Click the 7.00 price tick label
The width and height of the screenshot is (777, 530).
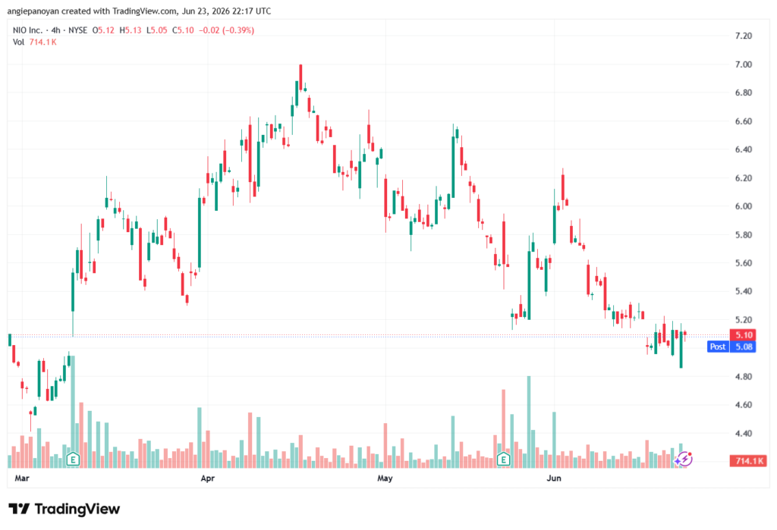click(744, 64)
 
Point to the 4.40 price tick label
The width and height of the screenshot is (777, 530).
click(744, 434)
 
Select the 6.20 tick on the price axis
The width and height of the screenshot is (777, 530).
click(744, 178)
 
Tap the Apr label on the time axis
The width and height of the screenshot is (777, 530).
click(208, 478)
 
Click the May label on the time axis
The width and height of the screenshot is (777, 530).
click(385, 478)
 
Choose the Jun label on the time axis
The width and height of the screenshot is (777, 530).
click(553, 478)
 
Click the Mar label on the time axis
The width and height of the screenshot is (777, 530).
click(22, 478)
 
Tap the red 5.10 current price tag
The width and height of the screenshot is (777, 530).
click(743, 335)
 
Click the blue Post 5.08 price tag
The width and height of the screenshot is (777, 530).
click(731, 347)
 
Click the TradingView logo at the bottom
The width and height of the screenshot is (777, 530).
click(64, 509)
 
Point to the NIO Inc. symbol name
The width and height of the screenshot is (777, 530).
click(28, 30)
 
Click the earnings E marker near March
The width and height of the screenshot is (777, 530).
click(73, 459)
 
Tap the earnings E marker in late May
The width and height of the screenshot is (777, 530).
click(504, 459)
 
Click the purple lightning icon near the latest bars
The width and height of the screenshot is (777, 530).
click(684, 459)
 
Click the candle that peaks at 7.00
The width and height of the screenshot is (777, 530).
click(300, 77)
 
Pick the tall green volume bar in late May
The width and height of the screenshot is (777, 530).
click(529, 422)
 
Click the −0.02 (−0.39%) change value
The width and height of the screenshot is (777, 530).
click(226, 30)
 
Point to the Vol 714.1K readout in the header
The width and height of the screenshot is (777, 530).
click(35, 42)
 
